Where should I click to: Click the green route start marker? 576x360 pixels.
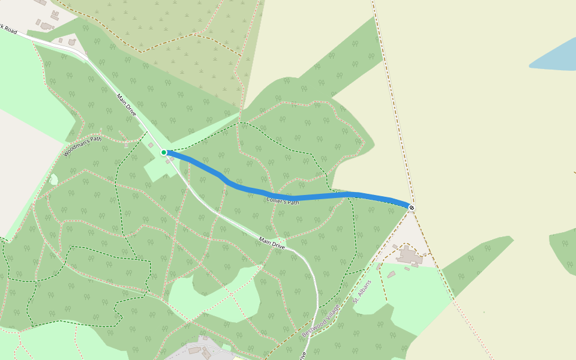164,152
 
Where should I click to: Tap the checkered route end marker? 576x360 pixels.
412,208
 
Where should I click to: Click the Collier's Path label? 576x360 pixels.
283,202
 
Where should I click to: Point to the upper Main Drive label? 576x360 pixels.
127,105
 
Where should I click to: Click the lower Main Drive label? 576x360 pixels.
272,242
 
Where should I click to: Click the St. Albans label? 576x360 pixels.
362,292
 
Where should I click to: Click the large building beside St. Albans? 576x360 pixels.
410,256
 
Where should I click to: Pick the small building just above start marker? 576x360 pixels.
151,145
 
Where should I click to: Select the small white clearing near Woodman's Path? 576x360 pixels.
54,179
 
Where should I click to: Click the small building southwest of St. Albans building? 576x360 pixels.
391,274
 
